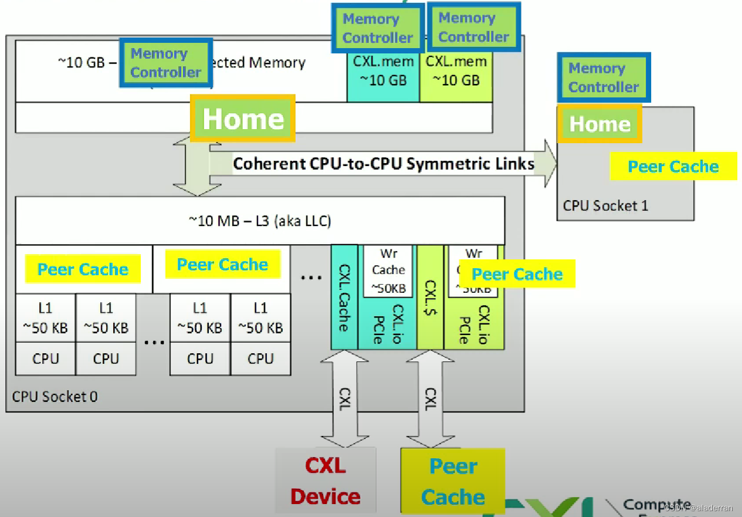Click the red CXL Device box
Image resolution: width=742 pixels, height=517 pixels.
326,481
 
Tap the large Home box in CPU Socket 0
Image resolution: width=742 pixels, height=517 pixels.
242,119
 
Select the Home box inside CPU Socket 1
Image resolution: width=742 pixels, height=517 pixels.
599,124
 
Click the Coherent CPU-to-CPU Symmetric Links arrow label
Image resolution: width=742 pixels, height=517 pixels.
383,163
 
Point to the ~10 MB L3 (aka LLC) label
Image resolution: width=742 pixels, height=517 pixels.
259,221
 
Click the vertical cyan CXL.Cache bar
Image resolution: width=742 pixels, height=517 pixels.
344,297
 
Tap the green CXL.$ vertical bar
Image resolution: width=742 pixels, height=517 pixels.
431,297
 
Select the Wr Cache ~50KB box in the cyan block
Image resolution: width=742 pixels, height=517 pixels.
388,270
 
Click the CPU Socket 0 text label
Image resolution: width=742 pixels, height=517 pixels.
55,397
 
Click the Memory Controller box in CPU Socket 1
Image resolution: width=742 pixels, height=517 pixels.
603,77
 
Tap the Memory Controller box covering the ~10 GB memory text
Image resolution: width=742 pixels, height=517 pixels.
166,63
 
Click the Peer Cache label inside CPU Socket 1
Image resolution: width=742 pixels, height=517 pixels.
673,167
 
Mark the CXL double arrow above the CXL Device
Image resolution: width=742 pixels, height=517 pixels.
344,399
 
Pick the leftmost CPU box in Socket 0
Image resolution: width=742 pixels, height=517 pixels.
46,359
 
